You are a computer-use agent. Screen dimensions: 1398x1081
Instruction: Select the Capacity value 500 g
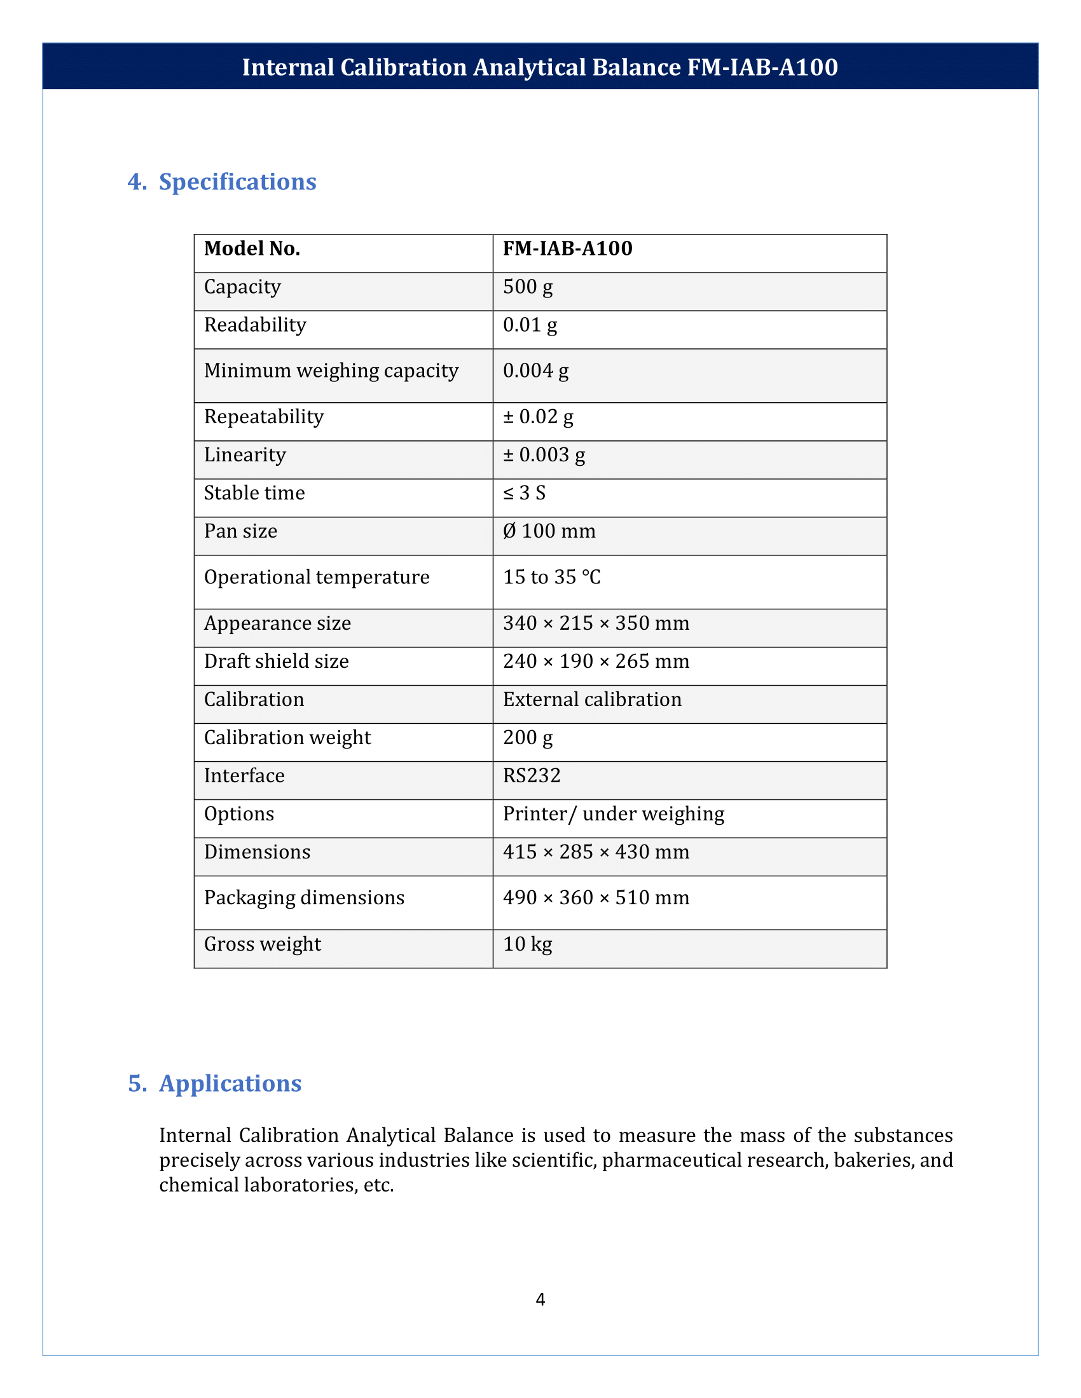tap(528, 287)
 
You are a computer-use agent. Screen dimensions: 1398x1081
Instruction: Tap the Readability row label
tap(255, 325)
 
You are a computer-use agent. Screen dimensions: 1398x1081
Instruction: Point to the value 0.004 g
tap(535, 370)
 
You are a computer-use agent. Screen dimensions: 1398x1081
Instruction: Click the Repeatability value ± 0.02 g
tap(538, 417)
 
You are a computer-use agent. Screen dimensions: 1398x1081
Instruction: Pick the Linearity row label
tap(245, 455)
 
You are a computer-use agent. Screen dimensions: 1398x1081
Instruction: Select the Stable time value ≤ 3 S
tap(524, 493)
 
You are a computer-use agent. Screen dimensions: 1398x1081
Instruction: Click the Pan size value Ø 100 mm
tap(549, 531)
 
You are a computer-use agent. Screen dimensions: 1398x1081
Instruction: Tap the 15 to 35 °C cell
tap(551, 578)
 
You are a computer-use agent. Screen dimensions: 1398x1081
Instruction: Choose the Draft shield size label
tap(276, 662)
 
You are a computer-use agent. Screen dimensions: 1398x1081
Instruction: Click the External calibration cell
tap(592, 700)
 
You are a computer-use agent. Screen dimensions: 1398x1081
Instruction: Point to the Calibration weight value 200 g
tap(528, 738)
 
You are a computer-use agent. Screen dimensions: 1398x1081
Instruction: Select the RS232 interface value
tap(532, 776)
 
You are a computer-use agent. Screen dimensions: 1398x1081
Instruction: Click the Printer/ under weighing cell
tap(613, 814)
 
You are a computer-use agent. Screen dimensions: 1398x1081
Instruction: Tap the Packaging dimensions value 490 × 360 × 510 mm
tap(596, 898)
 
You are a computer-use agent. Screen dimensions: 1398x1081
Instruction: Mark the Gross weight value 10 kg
tap(527, 944)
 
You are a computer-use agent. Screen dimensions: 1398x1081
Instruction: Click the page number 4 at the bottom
tap(540, 1300)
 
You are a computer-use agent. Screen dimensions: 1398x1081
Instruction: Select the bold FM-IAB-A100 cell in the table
tap(567, 248)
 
